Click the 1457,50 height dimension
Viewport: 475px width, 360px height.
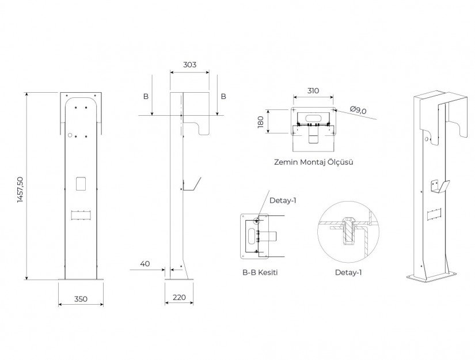pyautogui.click(x=20, y=190)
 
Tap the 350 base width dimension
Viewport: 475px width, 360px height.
pyautogui.click(x=81, y=299)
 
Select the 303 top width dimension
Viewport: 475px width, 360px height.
pyautogui.click(x=189, y=65)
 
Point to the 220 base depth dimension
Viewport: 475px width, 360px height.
pyautogui.click(x=179, y=298)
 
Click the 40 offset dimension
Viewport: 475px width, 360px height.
pyautogui.click(x=145, y=264)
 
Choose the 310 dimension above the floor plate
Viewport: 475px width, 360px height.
pyautogui.click(x=313, y=90)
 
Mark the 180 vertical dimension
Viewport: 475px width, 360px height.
pyautogui.click(x=260, y=122)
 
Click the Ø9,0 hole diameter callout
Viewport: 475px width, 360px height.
pyautogui.click(x=358, y=110)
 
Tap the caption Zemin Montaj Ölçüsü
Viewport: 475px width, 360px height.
pyautogui.click(x=314, y=162)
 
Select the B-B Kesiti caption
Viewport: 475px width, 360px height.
pyautogui.click(x=260, y=272)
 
